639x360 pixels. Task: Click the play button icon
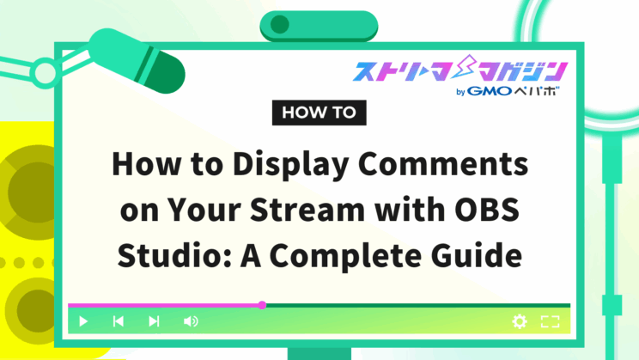(x=83, y=321)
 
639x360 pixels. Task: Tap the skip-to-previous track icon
(x=119, y=321)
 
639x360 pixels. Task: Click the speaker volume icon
(x=191, y=321)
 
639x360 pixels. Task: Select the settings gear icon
(x=520, y=321)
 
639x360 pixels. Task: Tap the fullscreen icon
(x=551, y=321)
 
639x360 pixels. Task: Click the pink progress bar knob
(x=262, y=305)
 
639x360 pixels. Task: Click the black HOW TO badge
(x=319, y=113)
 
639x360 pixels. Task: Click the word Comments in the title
(x=443, y=164)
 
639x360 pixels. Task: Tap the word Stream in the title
(x=307, y=210)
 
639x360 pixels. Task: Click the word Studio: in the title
(x=174, y=255)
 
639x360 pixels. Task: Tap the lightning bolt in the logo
(x=465, y=67)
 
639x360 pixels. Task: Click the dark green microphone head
(x=162, y=72)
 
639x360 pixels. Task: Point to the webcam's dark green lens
(x=280, y=24)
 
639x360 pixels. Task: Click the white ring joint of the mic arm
(x=45, y=72)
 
